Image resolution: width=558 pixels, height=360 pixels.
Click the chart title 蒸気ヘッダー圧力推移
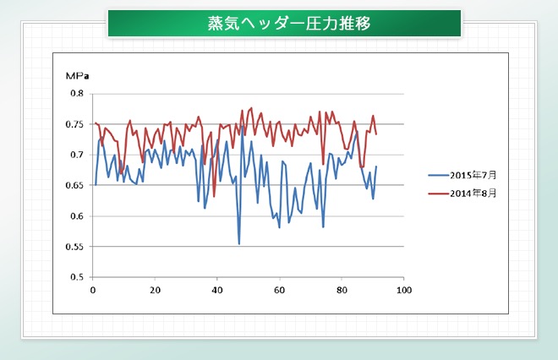(289, 23)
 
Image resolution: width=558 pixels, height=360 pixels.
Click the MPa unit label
(77, 76)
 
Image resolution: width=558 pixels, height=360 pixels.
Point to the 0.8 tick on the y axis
(77, 94)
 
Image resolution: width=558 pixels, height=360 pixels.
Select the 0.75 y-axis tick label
(74, 124)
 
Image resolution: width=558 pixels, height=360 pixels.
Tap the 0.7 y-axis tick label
(77, 155)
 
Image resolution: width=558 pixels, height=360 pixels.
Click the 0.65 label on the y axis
(74, 185)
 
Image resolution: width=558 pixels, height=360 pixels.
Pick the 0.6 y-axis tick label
(77, 216)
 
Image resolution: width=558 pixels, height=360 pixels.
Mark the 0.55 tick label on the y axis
(74, 247)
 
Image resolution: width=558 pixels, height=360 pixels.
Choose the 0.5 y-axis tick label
(77, 277)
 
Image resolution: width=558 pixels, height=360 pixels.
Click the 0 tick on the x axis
(93, 290)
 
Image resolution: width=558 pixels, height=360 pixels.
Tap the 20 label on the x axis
(156, 290)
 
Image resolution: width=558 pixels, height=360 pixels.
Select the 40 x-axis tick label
(217, 290)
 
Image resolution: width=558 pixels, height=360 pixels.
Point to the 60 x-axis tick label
(279, 290)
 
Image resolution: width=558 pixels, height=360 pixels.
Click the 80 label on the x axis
(342, 290)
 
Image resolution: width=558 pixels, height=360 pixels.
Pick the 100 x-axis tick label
(404, 290)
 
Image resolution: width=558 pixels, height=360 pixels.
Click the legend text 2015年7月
(473, 175)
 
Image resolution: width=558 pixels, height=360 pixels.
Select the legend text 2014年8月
(473, 194)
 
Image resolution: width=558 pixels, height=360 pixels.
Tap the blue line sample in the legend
(439, 175)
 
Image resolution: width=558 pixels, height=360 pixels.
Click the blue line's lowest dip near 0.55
(239, 244)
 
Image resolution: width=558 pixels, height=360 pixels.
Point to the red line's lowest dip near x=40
(214, 196)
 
